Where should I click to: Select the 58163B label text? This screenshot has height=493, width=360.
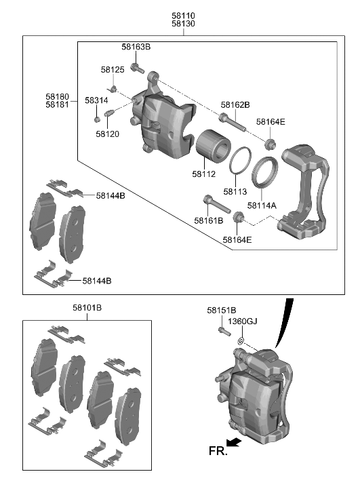click(x=136, y=47)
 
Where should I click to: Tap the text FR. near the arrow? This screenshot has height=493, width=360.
click(x=217, y=450)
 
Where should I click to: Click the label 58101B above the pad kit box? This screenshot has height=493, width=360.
click(x=87, y=308)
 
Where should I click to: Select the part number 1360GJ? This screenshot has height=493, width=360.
click(x=242, y=321)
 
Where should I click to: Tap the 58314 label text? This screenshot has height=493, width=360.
click(x=96, y=100)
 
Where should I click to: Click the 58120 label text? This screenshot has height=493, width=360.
click(x=107, y=134)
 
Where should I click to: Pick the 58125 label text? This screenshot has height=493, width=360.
click(x=113, y=70)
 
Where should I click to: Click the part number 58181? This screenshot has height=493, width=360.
click(x=58, y=104)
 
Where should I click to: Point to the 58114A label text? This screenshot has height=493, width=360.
click(x=262, y=205)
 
